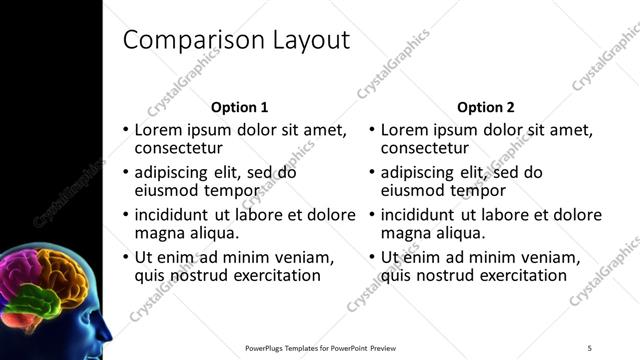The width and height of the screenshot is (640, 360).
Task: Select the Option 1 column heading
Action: click(x=240, y=107)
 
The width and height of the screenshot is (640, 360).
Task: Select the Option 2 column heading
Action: click(x=485, y=107)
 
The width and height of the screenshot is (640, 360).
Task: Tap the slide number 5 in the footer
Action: click(x=590, y=348)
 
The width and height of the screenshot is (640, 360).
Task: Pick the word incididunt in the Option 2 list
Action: click(x=418, y=215)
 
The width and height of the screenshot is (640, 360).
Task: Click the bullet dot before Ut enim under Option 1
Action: click(x=125, y=258)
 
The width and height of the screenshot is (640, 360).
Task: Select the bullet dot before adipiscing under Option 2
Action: click(x=371, y=172)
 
